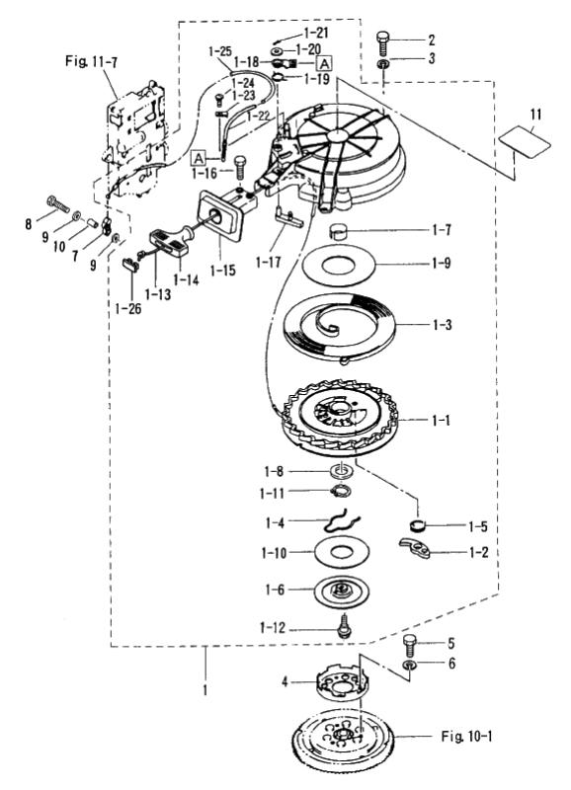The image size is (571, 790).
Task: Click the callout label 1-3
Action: (442, 325)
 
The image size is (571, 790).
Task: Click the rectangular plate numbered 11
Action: (525, 140)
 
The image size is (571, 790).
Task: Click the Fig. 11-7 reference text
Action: (92, 61)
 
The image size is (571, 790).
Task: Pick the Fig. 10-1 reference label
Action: (466, 736)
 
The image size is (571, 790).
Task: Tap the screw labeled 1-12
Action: (343, 625)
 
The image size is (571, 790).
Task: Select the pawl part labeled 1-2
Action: (415, 548)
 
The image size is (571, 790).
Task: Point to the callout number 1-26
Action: (128, 308)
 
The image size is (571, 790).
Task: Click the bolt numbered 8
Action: (58, 203)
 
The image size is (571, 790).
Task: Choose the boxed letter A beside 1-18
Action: (325, 63)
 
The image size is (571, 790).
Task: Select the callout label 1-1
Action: (441, 420)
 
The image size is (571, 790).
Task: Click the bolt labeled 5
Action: (410, 646)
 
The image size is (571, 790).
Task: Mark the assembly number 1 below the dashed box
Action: (204, 689)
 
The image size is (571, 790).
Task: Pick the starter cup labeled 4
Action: (343, 682)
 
